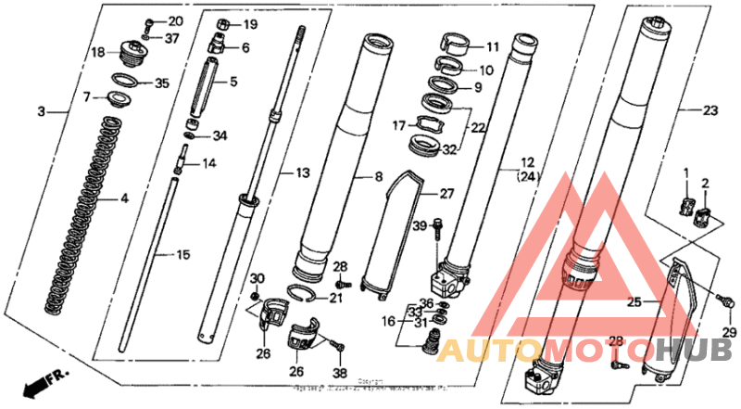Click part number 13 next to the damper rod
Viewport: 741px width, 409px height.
304,173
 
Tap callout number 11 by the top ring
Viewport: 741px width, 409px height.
492,45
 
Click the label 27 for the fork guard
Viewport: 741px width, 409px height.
447,193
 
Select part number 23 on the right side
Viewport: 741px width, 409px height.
710,109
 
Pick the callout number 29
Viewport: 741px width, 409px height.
729,332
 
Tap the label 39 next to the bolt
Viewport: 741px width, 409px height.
419,225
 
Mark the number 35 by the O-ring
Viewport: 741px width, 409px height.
163,83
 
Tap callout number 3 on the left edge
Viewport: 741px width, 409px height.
41,112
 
